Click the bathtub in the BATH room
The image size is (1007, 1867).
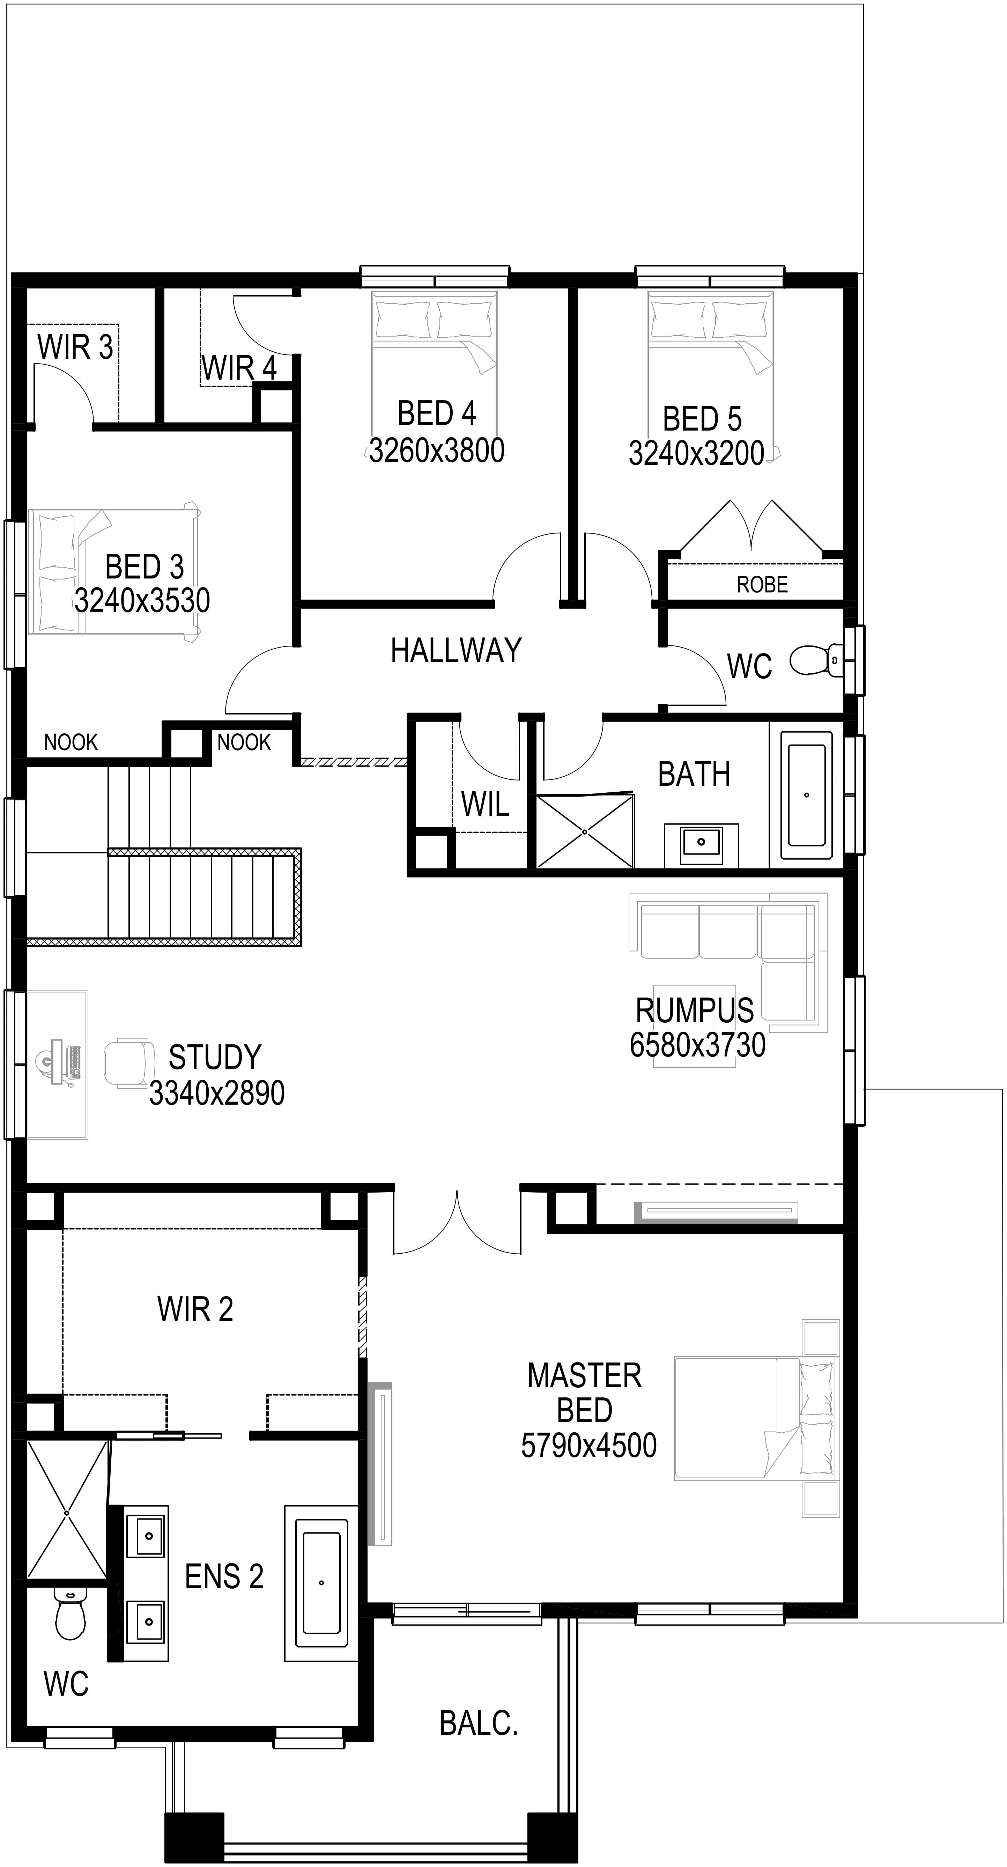[x=806, y=795]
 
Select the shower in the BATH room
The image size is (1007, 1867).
[x=584, y=831]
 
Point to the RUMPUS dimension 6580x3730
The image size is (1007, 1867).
[x=697, y=1045]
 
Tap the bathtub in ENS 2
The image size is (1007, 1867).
[x=321, y=1582]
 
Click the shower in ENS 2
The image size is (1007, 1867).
[x=67, y=1513]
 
